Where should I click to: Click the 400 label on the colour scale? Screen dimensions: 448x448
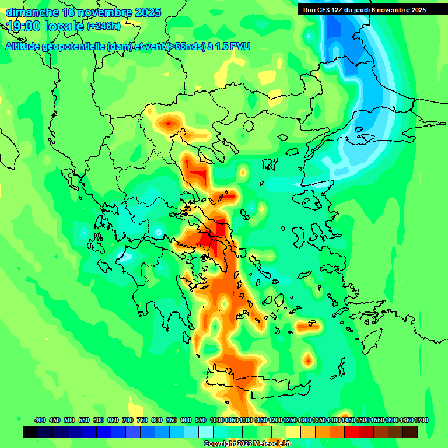pos(40,420)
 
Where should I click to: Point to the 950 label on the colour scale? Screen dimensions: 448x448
pos(201,420)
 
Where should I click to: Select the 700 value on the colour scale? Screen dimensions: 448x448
pos(128,420)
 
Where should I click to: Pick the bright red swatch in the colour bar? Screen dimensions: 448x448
pos(352,432)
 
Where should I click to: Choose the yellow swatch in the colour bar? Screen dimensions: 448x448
pos(293,432)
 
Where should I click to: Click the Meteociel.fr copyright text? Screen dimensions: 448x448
pos(248,444)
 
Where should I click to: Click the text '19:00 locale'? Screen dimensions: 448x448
pos(45,26)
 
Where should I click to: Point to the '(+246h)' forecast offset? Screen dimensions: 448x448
pos(104,26)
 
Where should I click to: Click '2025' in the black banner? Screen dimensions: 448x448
pos(415,10)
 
